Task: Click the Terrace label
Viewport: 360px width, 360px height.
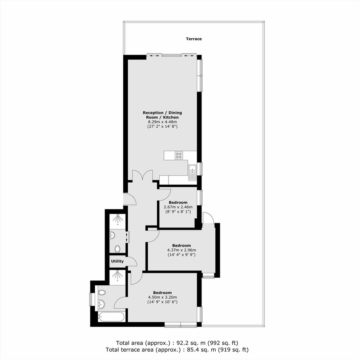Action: tap(194, 39)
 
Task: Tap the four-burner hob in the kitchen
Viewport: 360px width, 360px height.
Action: tap(179, 155)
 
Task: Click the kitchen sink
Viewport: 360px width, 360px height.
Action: tap(192, 172)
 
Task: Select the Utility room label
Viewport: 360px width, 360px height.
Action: tap(117, 261)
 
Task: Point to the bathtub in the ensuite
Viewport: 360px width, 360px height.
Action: tap(111, 317)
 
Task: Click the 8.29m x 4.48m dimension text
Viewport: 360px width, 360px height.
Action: tap(162, 122)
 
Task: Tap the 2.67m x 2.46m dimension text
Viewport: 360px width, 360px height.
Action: tap(178, 207)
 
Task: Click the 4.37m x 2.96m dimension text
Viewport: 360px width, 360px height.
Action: tap(182, 250)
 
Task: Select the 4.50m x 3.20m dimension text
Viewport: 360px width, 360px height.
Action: tap(162, 297)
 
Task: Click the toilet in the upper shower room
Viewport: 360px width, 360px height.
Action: tap(117, 249)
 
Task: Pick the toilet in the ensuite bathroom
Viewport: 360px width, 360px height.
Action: tap(101, 293)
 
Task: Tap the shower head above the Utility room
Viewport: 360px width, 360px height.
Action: tap(118, 219)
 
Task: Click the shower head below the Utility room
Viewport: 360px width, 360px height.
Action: tap(118, 275)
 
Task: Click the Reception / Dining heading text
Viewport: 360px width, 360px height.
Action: tap(162, 113)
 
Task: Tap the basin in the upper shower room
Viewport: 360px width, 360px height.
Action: tap(112, 235)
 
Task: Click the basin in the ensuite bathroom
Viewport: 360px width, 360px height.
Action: tap(101, 304)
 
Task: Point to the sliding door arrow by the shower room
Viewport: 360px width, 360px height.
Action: tap(126, 237)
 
